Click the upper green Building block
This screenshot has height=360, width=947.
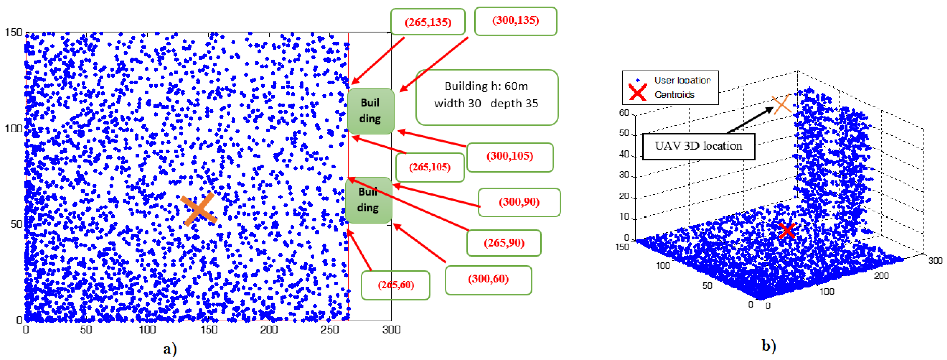tap(370, 111)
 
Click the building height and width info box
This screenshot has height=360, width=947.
tap(487, 97)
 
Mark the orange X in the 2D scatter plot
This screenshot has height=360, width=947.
tap(199, 209)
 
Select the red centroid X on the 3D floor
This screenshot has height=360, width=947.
tap(787, 231)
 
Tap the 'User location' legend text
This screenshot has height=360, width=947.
tap(682, 80)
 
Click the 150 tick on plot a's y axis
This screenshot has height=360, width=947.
tap(14, 33)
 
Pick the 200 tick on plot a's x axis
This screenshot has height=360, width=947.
tap(269, 330)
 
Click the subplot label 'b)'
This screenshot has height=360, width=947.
tap(768, 346)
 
